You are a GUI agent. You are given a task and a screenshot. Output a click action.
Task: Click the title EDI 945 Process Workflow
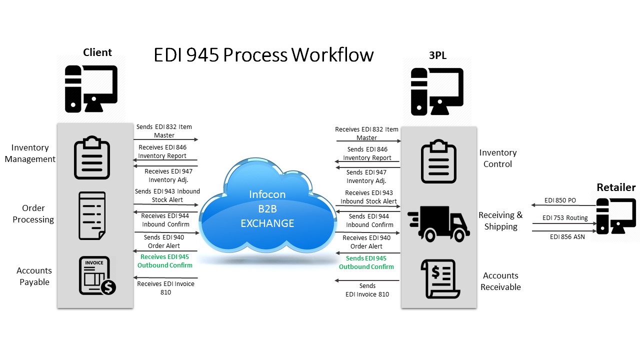coord(263,54)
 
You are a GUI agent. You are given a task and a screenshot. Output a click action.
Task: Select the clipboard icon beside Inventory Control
coord(438,162)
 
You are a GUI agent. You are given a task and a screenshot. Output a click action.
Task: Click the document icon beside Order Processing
coord(92,215)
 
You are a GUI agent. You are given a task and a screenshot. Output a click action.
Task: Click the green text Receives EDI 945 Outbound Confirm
coord(165,261)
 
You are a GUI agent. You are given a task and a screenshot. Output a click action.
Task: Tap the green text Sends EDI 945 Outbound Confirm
coord(366,262)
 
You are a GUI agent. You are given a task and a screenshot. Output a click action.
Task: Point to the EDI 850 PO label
coord(559,200)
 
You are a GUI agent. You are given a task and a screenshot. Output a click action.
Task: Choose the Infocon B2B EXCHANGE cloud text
coord(267,208)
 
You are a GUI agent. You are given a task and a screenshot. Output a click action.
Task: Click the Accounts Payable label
coord(34,276)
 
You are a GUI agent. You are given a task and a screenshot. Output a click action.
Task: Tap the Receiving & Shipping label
coord(500,220)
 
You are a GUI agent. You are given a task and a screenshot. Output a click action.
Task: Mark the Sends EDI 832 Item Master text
coord(164,131)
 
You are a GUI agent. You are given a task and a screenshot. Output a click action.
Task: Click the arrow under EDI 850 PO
coord(562,205)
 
